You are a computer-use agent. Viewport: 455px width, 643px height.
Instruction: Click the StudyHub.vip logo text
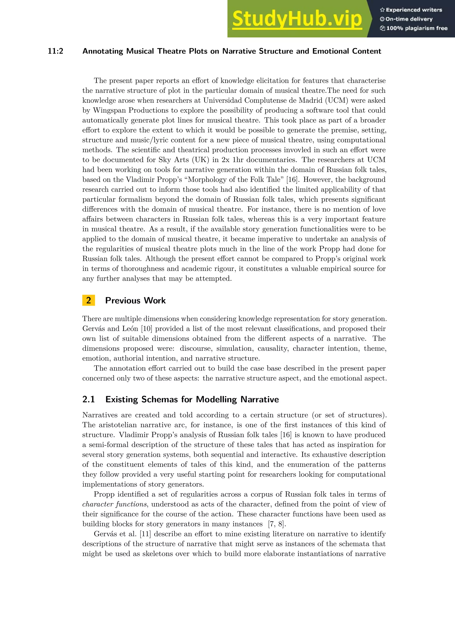(297, 19)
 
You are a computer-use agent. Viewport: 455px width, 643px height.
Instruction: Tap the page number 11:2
(56, 51)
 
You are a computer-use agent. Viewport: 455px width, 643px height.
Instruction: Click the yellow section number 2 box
(89, 300)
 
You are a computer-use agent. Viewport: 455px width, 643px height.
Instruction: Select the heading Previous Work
(135, 300)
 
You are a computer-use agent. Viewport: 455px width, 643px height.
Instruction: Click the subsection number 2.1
(89, 399)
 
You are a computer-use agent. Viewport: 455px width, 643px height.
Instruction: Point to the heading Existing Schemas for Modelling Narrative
(192, 399)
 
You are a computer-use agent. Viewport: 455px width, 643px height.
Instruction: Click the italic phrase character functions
(114, 504)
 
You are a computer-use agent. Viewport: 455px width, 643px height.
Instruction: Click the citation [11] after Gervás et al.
(145, 534)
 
